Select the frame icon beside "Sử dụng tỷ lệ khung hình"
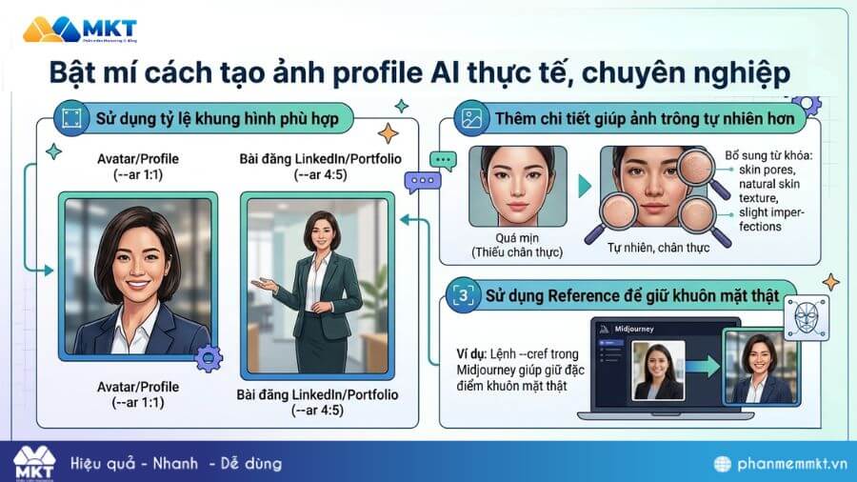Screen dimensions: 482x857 (69, 119)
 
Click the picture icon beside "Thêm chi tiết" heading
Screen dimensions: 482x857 (469, 119)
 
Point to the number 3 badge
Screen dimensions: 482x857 (464, 295)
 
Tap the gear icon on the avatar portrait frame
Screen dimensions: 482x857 (207, 357)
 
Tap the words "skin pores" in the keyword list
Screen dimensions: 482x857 (755, 170)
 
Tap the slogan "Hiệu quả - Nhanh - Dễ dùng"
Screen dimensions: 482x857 (176, 463)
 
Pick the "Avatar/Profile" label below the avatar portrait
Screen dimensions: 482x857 (137, 386)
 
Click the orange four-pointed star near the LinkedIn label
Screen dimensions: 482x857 (388, 132)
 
